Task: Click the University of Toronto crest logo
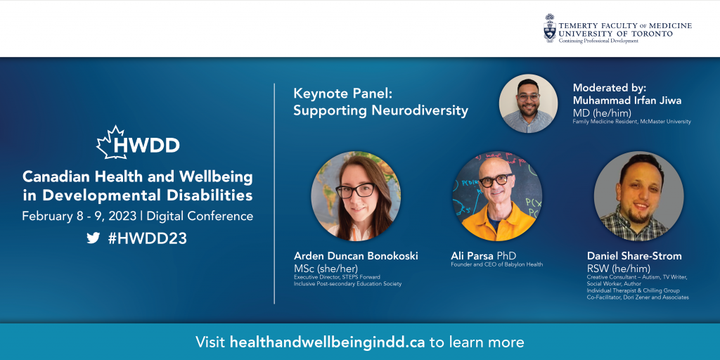pos(550,28)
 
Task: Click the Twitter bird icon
pos(94,238)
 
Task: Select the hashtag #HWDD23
pos(148,238)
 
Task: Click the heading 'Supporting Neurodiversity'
pos(380,110)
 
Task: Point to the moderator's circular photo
pos(528,103)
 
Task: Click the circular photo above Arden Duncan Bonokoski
pos(356,196)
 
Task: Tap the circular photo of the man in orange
pos(497,196)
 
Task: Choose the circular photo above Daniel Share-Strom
pos(638,196)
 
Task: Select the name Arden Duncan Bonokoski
pos(356,256)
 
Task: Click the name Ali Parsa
pos(470,256)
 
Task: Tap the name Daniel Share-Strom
pos(634,256)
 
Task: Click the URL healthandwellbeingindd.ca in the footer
pos(328,342)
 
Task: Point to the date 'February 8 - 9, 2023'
pos(79,217)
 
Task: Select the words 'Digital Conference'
pos(200,217)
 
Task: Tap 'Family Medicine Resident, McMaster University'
pos(632,122)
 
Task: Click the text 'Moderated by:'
pos(610,88)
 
